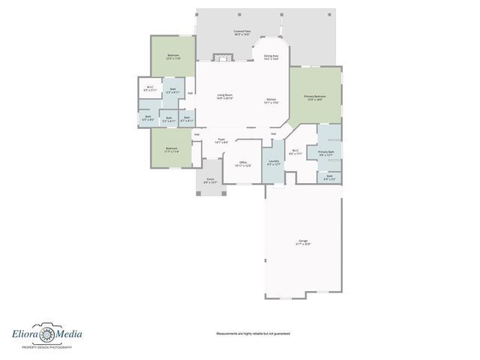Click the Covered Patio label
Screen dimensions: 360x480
point(241,31)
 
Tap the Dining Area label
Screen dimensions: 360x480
point(271,55)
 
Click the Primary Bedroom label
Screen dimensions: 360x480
point(314,97)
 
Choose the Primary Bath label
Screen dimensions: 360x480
point(325,152)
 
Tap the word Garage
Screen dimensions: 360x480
point(302,241)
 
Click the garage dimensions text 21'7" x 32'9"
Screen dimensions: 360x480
point(302,244)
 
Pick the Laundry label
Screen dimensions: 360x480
point(273,162)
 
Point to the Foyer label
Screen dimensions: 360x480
point(221,139)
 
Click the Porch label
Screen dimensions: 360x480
point(211,179)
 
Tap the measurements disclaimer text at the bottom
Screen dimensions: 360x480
point(253,333)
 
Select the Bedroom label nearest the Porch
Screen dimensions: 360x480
point(171,148)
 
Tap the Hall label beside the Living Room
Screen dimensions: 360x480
point(190,93)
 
